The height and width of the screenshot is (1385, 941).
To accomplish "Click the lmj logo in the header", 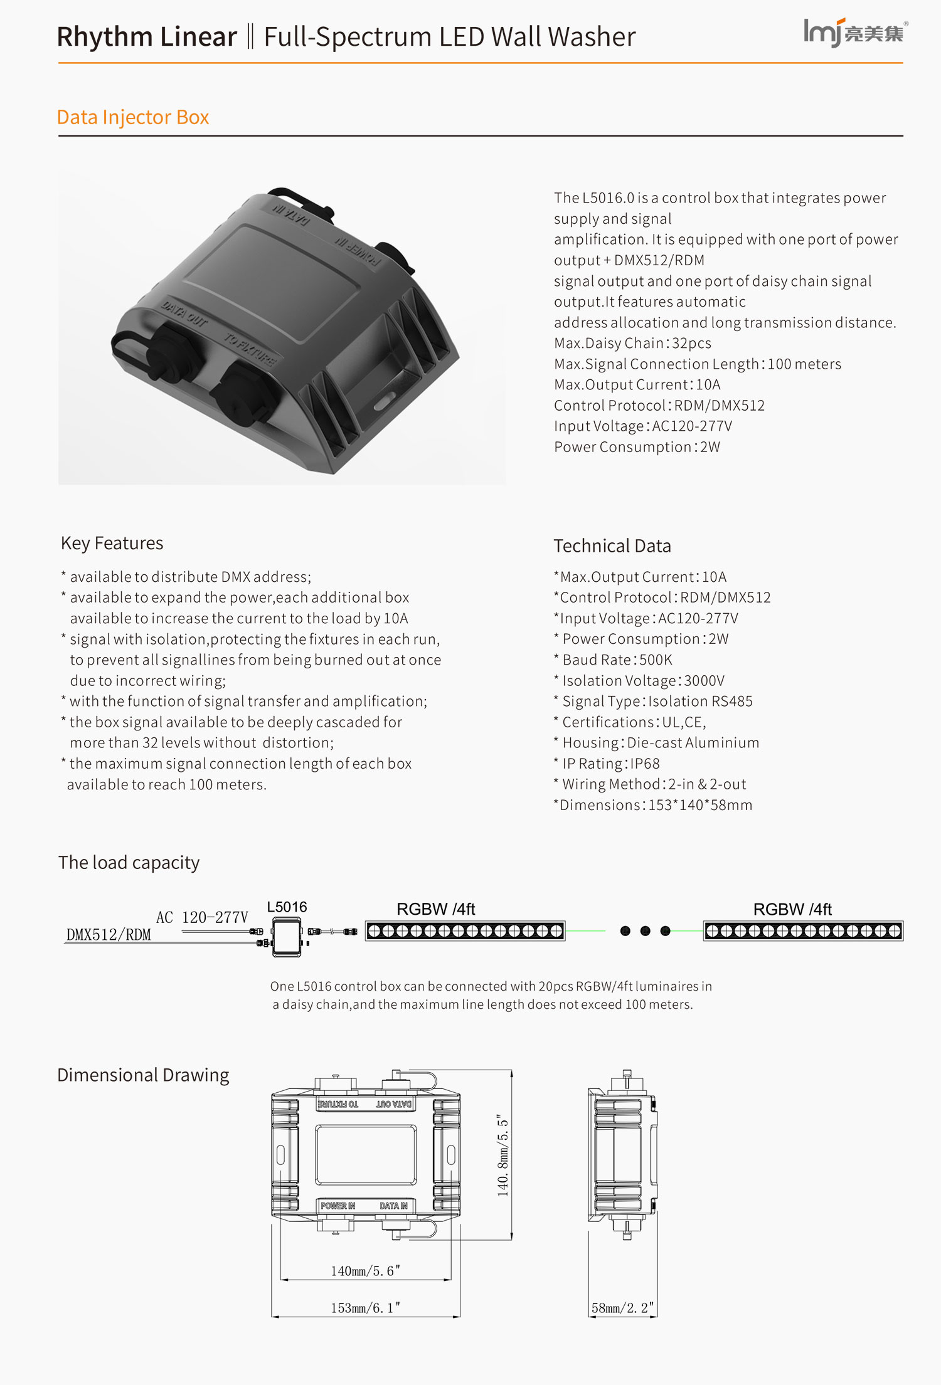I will pos(854,32).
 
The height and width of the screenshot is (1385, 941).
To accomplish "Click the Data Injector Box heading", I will pos(132,117).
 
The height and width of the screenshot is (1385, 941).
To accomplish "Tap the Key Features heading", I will pos(112,543).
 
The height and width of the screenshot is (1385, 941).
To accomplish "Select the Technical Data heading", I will pos(612,546).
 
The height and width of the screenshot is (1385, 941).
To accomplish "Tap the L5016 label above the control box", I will pos(287,907).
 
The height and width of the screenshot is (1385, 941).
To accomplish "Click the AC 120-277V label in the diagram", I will pos(202,917).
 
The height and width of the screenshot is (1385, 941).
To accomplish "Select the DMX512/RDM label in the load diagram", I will pos(109,935).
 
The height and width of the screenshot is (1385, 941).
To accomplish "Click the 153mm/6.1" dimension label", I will pos(365,1308).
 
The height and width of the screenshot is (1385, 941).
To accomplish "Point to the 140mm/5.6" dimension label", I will pos(365,1271).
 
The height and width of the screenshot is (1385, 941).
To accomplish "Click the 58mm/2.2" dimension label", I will pos(622,1308).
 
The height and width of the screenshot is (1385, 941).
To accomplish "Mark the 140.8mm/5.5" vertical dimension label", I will pos(503,1155).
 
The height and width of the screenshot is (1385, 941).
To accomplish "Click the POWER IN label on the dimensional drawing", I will pos(338,1206).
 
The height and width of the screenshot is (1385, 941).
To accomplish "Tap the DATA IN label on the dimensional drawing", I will pos(393,1206).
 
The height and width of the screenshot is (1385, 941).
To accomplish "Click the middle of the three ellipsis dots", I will pos(645,931).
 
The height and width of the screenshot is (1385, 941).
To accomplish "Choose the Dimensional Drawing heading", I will pos(143,1075).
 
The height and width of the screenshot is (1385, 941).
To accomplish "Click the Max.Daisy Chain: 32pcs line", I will pos(632,344).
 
